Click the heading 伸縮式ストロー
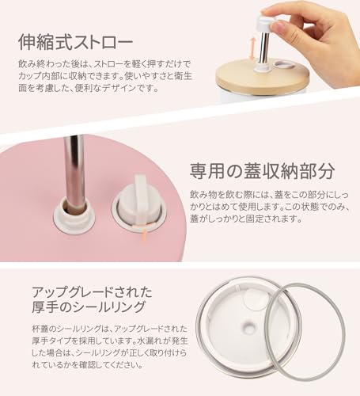[75, 42]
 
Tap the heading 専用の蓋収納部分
[263, 171]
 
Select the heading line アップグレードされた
[92, 292]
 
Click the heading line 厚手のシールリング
[89, 307]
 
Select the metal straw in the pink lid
[74, 173]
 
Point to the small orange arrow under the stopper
[144, 235]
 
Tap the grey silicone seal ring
[308, 331]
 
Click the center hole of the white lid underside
[248, 327]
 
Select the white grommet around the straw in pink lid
[74, 215]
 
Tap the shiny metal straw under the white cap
[263, 48]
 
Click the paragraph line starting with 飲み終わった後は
[104, 63]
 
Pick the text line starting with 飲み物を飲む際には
[269, 195]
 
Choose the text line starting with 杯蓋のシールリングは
[109, 329]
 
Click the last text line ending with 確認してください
[87, 365]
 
